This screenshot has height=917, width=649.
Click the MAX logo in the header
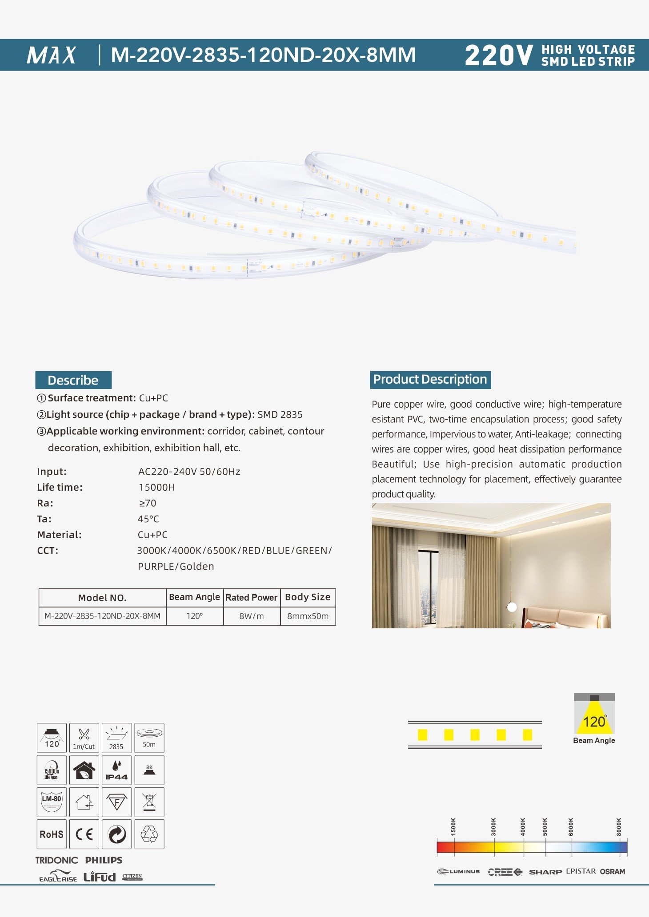click(51, 55)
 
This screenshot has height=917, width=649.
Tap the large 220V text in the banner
click(498, 56)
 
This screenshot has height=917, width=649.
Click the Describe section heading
click(73, 380)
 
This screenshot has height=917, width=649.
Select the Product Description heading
click(430, 379)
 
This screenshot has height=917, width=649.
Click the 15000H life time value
click(156, 487)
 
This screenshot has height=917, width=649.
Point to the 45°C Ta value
click(148, 519)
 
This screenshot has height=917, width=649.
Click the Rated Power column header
click(251, 597)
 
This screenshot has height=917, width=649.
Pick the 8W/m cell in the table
click(251, 616)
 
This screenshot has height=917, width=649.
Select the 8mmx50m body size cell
click(308, 616)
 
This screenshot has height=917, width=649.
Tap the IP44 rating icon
click(116, 770)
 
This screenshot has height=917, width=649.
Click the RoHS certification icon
click(52, 834)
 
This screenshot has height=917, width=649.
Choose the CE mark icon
click(84, 834)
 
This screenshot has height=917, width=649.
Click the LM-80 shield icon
click(52, 802)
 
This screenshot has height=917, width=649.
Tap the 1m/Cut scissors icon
click(84, 738)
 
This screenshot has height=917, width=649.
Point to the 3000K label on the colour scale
click(493, 826)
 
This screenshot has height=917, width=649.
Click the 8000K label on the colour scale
click(619, 826)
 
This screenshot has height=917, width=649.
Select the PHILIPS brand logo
click(104, 860)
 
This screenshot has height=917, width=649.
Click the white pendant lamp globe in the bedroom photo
click(512, 607)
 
